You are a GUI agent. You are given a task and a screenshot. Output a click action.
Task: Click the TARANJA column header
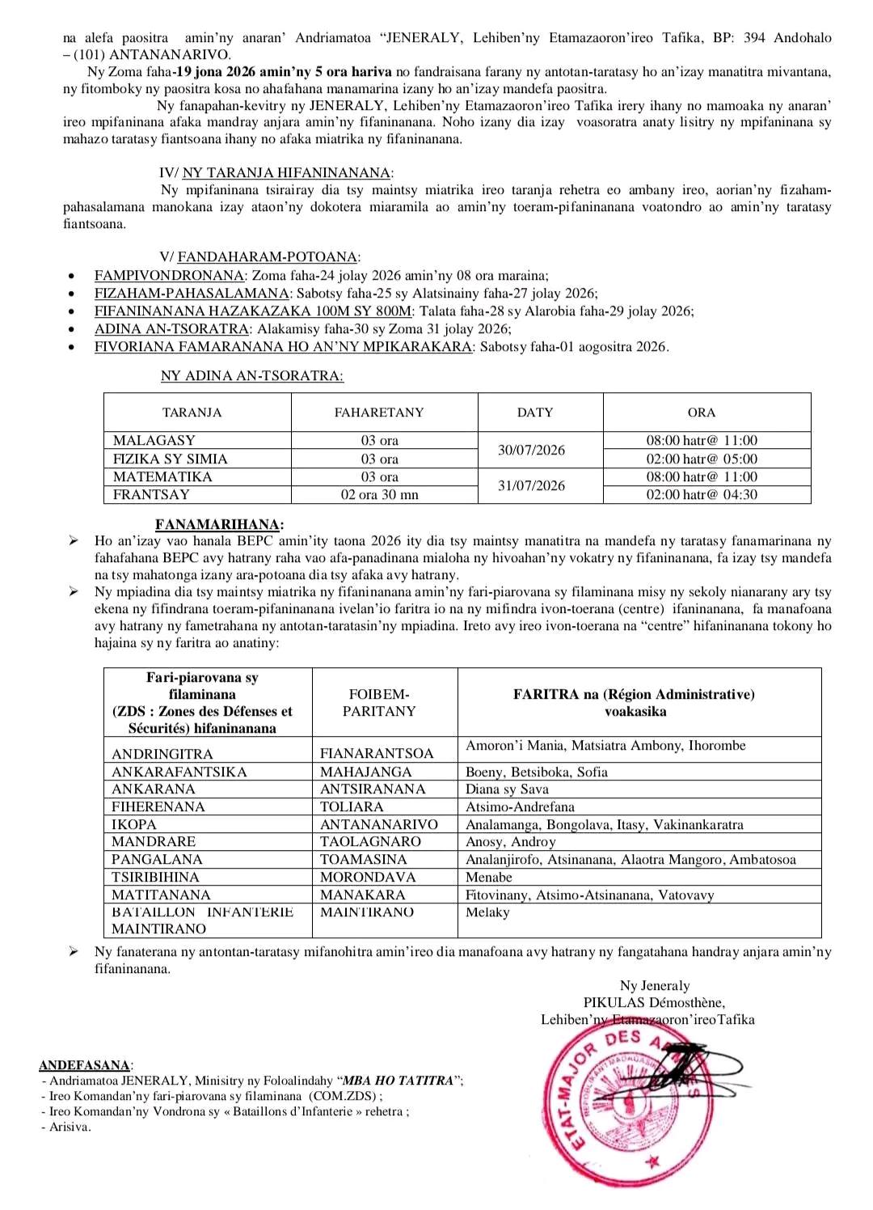(x=192, y=412)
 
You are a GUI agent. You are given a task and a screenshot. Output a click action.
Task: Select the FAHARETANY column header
(x=379, y=412)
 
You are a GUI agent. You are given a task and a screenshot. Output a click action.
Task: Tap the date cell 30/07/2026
(x=531, y=450)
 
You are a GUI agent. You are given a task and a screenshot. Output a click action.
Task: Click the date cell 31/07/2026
(x=531, y=485)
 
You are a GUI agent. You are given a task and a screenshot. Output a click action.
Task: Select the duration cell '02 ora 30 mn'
(x=379, y=494)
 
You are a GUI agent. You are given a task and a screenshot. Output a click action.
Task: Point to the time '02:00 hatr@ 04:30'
(x=702, y=494)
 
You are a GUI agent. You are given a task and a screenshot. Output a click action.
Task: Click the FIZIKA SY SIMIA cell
(x=170, y=459)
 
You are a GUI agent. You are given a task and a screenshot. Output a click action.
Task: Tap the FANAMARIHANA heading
(x=220, y=525)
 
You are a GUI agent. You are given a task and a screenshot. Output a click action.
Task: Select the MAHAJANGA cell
(x=365, y=772)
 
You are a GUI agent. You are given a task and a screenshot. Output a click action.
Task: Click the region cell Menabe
(x=489, y=877)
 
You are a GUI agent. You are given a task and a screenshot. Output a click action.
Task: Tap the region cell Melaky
(x=487, y=912)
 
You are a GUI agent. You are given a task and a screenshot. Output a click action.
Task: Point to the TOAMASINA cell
(x=364, y=859)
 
